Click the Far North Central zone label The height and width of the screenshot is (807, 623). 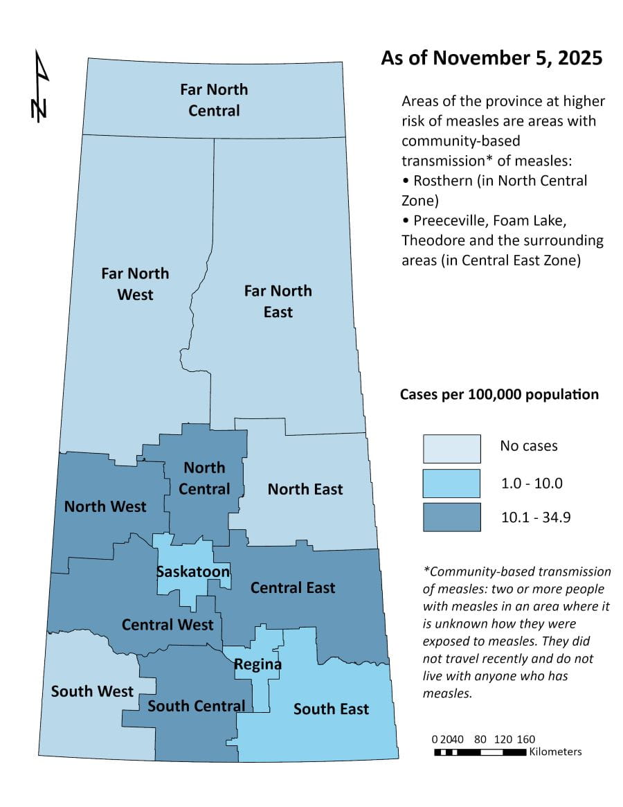coord(214,100)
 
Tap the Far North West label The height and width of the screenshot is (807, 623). coord(135,284)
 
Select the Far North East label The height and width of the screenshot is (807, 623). coord(278,301)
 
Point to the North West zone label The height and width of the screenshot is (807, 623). coord(105,506)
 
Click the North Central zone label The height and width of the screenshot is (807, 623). coord(204,478)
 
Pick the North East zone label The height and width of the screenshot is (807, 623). coord(305,489)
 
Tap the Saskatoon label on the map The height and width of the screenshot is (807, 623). coord(192,572)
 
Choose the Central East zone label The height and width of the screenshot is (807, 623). coord(293,587)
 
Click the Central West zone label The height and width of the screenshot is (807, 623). coord(168,624)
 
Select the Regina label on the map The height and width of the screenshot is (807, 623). coord(258,664)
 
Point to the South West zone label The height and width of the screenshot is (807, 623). coord(92,691)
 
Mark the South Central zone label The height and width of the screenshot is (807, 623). coord(196,706)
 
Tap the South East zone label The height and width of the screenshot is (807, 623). coord(331,709)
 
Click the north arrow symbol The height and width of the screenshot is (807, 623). coord(41,86)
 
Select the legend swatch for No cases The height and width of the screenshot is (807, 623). coord(452,448)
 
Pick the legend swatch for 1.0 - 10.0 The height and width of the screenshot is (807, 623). coord(452,483)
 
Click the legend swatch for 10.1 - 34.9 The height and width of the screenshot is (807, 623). coord(452,517)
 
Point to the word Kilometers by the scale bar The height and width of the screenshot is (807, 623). coord(555,752)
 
